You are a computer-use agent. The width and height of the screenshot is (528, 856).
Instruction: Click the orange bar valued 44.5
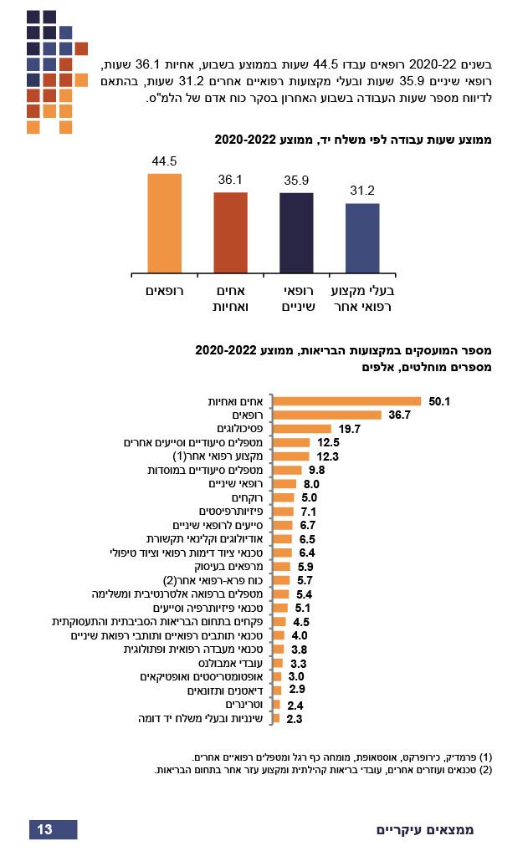point(164,222)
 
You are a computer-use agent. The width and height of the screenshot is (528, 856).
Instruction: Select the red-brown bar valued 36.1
point(230,232)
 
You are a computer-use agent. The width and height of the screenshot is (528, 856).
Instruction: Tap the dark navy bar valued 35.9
point(296,232)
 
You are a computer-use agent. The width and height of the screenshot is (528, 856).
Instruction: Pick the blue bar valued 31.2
point(362,238)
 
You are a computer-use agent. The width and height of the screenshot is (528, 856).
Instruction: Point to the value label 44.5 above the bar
point(164,161)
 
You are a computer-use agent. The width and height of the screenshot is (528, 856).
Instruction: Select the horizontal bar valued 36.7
point(326,415)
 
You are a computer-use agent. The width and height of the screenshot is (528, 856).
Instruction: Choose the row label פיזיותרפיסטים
point(232,511)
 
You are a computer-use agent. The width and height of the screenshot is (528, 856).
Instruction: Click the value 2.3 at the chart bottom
point(295,718)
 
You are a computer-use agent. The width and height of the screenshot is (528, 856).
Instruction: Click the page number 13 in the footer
point(45,829)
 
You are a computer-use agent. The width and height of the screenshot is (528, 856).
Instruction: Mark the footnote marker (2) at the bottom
point(485,770)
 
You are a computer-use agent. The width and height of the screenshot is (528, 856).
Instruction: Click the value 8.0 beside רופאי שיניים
point(312,484)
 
